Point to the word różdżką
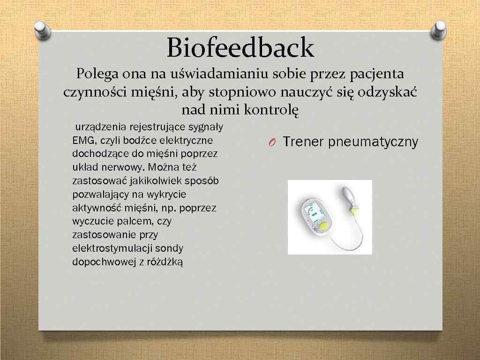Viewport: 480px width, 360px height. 165,262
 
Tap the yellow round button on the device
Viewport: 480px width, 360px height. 323,227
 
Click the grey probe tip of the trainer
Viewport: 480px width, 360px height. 352,193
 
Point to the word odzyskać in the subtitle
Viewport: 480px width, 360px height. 387,92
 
